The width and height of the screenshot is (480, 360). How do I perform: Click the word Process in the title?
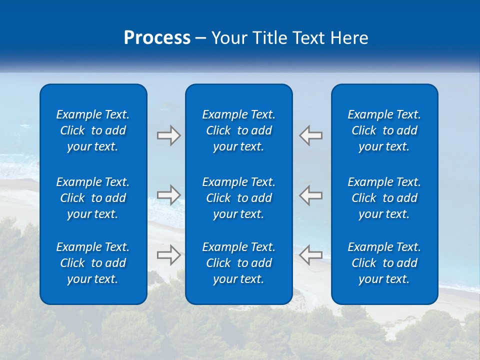point(157,38)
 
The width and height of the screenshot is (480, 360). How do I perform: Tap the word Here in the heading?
point(350,38)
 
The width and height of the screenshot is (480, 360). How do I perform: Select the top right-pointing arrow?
point(168,135)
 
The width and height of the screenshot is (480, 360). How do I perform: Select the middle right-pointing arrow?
point(168,195)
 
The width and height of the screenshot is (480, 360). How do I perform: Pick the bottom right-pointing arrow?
point(168,255)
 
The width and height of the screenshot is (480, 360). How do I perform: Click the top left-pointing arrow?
point(310,135)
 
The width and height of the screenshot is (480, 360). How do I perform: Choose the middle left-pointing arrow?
point(310,195)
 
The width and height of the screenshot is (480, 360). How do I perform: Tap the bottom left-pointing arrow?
point(310,255)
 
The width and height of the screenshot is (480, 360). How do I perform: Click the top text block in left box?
point(93,130)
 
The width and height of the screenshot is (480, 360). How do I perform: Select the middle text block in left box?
point(93,198)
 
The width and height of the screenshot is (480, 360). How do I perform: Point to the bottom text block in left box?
point(93,263)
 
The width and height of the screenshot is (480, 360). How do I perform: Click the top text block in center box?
point(238,130)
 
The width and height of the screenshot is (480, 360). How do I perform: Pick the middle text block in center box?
point(238,198)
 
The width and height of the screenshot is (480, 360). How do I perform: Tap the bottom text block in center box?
point(238,263)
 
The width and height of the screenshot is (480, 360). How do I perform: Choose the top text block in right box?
point(384,130)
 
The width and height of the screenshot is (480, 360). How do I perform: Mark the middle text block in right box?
point(384,198)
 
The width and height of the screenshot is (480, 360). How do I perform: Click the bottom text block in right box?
point(384,263)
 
